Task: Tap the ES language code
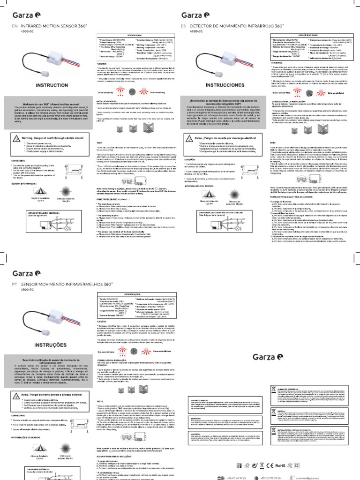pyautogui.click(x=183, y=27)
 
